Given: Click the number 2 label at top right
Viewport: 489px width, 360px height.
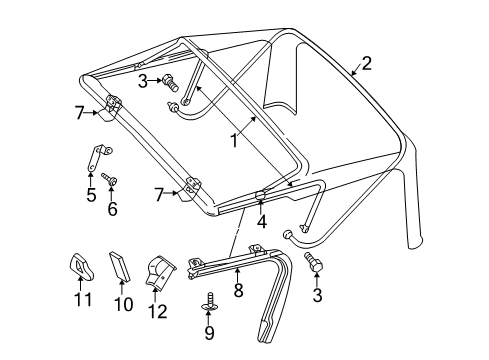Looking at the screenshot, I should click(x=366, y=63).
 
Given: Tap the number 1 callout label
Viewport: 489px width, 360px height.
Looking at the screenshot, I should click(x=233, y=142).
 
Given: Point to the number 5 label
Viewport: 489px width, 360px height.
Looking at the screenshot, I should click(x=90, y=194).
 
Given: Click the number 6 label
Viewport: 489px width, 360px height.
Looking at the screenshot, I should click(x=112, y=209).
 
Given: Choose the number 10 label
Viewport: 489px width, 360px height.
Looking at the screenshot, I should click(x=122, y=304).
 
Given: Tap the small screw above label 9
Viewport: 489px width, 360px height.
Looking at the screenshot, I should click(x=210, y=298).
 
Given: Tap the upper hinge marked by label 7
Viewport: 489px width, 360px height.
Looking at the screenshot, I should click(x=113, y=104).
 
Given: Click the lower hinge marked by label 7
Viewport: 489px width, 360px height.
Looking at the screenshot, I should click(x=189, y=187).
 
